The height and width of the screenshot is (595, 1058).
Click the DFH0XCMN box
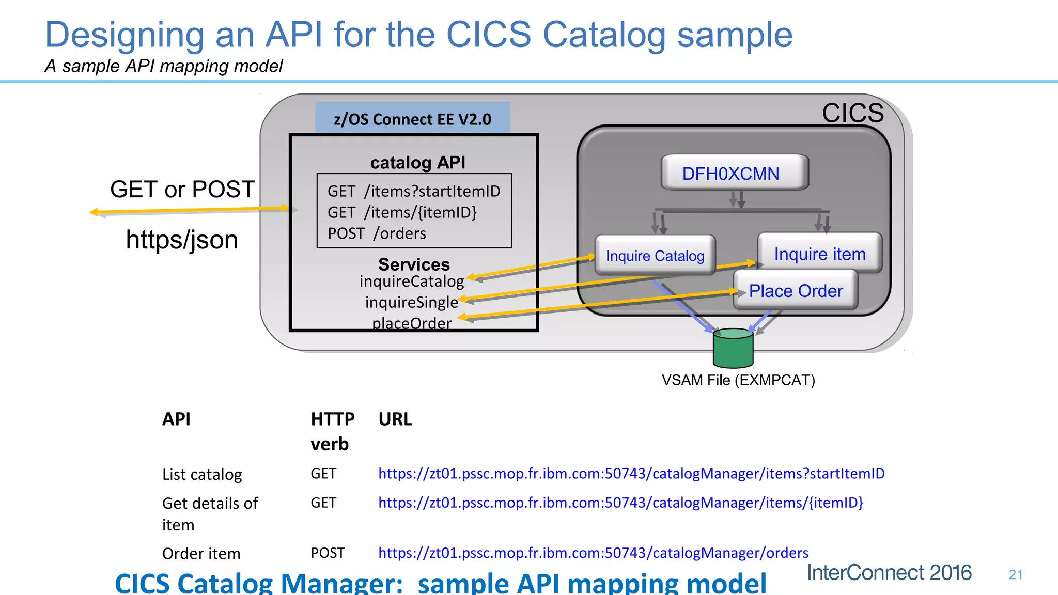pyautogui.click(x=734, y=173)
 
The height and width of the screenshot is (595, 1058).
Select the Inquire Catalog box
pyautogui.click(x=655, y=255)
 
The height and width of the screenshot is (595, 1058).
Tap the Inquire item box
pyautogui.click(x=819, y=254)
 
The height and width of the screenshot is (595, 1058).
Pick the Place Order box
pyautogui.click(x=796, y=291)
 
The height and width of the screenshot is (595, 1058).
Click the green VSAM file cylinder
pyautogui.click(x=733, y=349)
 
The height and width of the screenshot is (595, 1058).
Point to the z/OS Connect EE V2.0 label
pyautogui.click(x=412, y=119)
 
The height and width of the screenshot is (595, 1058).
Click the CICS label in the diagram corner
pyautogui.click(x=852, y=113)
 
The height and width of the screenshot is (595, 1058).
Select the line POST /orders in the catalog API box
pyautogui.click(x=377, y=233)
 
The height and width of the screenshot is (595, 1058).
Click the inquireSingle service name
pyautogui.click(x=411, y=302)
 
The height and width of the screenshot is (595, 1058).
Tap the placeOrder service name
pyautogui.click(x=411, y=323)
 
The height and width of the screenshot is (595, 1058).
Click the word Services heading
pyautogui.click(x=414, y=264)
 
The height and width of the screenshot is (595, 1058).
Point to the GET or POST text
pyautogui.click(x=182, y=189)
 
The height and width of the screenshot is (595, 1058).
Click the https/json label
pyautogui.click(x=182, y=240)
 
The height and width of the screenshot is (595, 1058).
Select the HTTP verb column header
pyautogui.click(x=332, y=431)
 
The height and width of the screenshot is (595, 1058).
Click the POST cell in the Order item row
pyautogui.click(x=328, y=553)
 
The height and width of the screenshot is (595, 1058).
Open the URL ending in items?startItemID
pyautogui.click(x=631, y=473)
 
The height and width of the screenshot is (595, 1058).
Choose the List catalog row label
pyautogui.click(x=202, y=474)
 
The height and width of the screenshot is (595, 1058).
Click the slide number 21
pyautogui.click(x=1015, y=574)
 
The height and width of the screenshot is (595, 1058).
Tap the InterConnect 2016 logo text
pyautogui.click(x=889, y=572)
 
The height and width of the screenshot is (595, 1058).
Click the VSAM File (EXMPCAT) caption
pyautogui.click(x=738, y=380)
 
